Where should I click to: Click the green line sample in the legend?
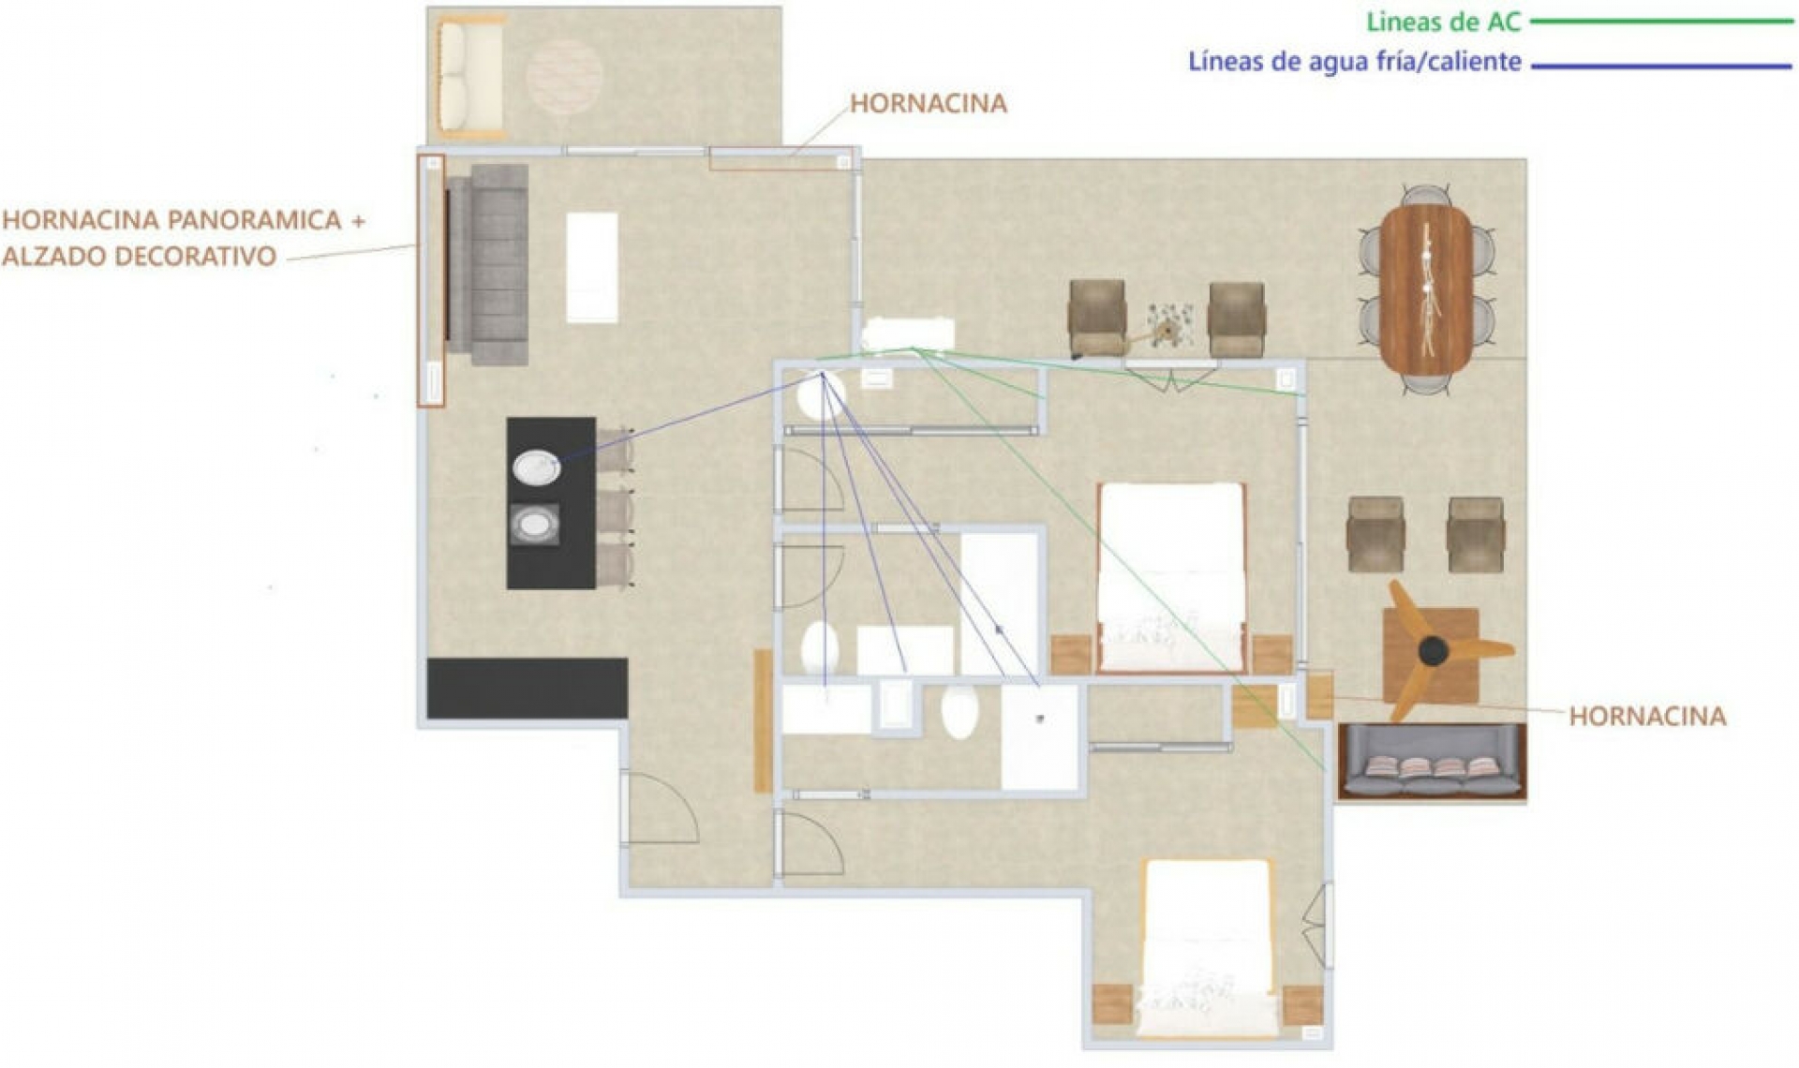1658,22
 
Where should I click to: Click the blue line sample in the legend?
1658,66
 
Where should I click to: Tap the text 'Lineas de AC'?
1444,22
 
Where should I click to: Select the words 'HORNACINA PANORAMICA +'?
184,220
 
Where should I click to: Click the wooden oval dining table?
1426,290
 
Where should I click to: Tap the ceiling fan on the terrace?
1434,650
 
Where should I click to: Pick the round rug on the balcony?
564,76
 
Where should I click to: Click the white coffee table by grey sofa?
591,268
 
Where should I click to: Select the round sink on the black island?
537,467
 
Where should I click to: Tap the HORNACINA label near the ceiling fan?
1647,717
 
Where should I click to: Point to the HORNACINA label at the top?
929,103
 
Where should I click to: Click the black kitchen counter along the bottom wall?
527,689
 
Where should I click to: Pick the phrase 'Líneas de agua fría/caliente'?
1355,62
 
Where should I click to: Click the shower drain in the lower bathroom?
1040,719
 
